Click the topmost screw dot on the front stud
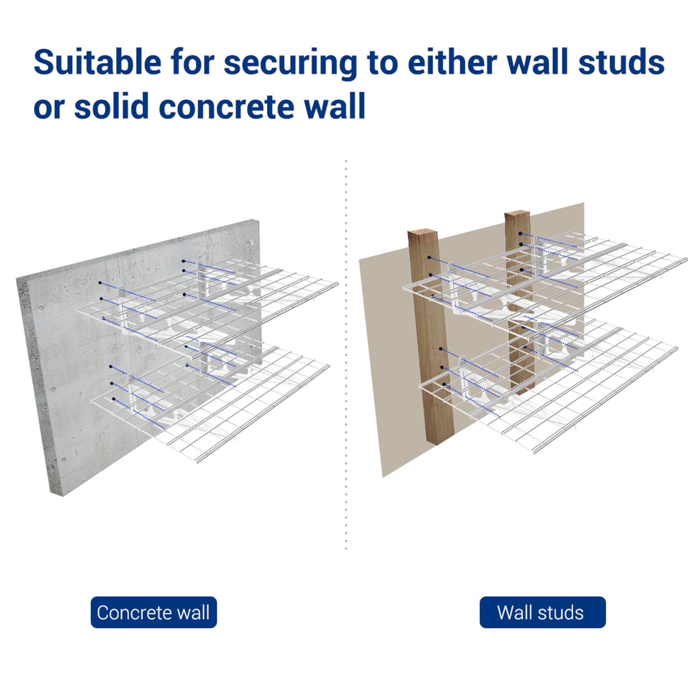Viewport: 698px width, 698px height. [429, 258]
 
